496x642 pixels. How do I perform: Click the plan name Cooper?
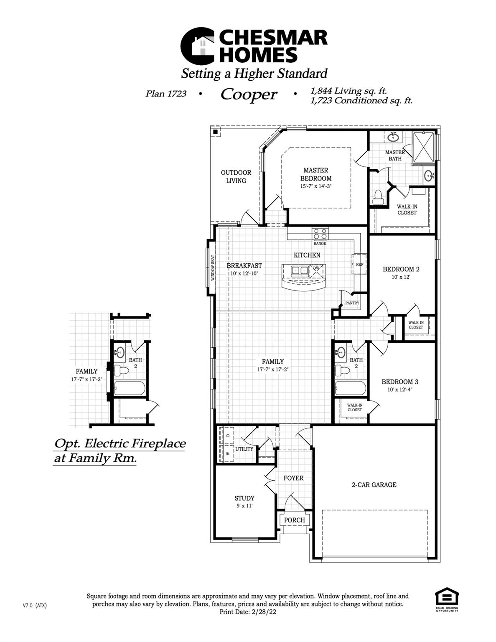pyautogui.click(x=249, y=94)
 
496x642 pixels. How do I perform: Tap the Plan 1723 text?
pyautogui.click(x=166, y=94)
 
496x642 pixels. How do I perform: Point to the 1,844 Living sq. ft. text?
pyautogui.click(x=348, y=91)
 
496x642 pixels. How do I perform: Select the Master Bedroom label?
pyautogui.click(x=316, y=174)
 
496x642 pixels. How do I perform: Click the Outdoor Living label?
pyautogui.click(x=236, y=176)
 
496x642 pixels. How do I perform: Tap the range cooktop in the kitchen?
pyautogui.click(x=320, y=233)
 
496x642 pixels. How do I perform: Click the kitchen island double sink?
pyautogui.click(x=300, y=270)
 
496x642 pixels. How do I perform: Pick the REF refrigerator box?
pyautogui.click(x=359, y=264)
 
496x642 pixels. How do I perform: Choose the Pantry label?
pyautogui.click(x=352, y=303)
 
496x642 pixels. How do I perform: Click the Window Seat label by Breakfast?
pyautogui.click(x=212, y=268)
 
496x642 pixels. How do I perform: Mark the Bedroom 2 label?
pyautogui.click(x=401, y=269)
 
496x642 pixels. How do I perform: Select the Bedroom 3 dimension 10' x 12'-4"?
pyautogui.click(x=400, y=390)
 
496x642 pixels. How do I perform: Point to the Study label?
pyautogui.click(x=244, y=498)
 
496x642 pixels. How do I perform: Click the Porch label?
pyautogui.click(x=295, y=520)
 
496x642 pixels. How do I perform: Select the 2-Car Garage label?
pyautogui.click(x=374, y=485)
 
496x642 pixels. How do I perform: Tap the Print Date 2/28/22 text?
pyautogui.click(x=248, y=612)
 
